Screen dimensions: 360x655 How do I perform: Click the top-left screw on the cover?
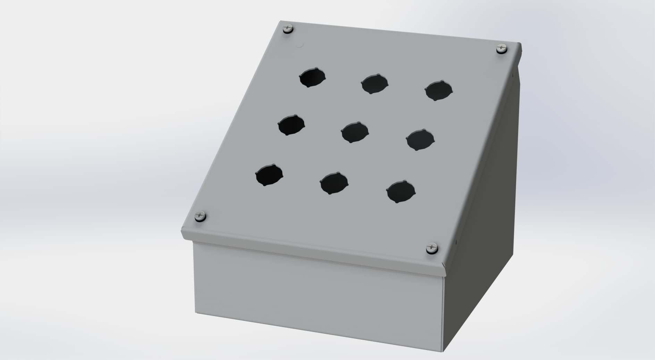coord(288,28)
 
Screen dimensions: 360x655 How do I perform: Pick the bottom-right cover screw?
coord(432,248)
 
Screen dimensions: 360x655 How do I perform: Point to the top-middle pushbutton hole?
coord(375,84)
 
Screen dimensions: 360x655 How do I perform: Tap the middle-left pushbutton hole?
coord(291,125)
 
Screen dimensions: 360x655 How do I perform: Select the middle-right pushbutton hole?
coord(420,140)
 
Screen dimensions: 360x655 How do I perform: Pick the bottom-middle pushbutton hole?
coord(334,183)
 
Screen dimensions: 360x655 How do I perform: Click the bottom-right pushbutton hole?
coord(401,191)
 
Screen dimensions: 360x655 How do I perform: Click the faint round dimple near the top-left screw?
coord(301,45)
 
